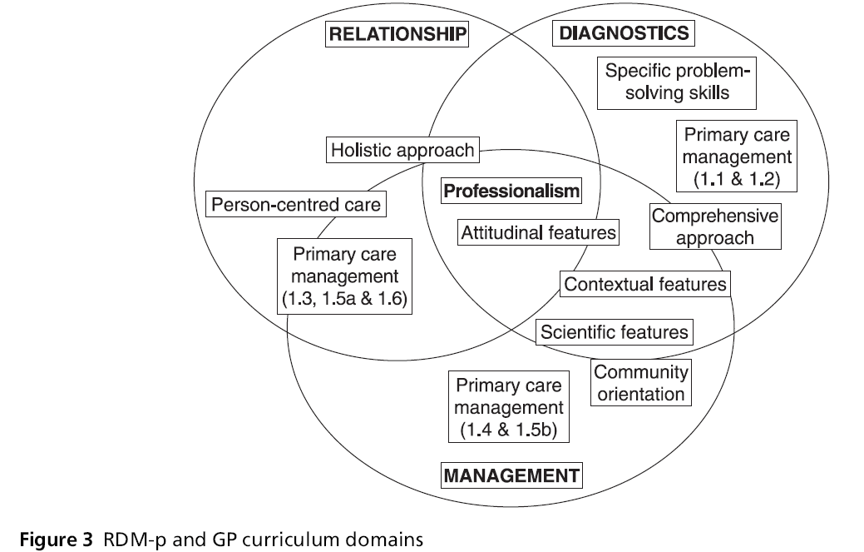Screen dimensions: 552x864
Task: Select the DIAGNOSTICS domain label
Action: tap(623, 32)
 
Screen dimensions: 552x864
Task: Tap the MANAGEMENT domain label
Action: tap(511, 476)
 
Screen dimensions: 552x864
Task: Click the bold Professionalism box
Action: tap(511, 191)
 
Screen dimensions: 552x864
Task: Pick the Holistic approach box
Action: tap(402, 151)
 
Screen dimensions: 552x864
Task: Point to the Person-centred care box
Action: tap(296, 204)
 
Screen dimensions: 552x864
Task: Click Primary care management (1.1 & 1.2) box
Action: tap(734, 155)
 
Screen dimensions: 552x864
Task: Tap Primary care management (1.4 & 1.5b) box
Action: tap(508, 408)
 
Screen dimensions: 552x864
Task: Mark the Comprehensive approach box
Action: tap(714, 226)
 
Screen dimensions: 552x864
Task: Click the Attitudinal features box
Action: tap(538, 232)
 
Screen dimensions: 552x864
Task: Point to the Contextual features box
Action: tap(645, 284)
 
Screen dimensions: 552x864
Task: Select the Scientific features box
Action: tap(615, 332)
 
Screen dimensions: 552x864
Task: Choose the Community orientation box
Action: tap(641, 383)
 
